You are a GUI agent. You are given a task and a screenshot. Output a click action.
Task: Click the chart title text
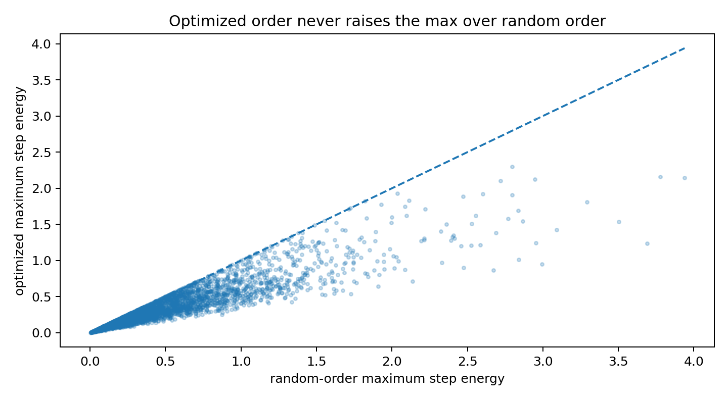(387, 21)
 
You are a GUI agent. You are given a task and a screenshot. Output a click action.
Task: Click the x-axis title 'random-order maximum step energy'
(387, 379)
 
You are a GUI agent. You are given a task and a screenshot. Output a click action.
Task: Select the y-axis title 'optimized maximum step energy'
(20, 191)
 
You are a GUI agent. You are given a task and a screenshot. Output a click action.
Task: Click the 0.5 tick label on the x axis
(166, 362)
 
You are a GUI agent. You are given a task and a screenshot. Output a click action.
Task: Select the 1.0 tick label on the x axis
(241, 362)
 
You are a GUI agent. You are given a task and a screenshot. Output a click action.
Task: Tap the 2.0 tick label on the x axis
(392, 362)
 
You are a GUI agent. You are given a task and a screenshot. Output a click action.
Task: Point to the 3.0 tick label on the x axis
(543, 362)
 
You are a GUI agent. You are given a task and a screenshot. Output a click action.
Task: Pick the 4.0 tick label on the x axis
(694, 362)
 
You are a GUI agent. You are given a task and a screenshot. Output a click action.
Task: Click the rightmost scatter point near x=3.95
(685, 178)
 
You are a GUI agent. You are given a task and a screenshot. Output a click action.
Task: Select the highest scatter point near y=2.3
(512, 167)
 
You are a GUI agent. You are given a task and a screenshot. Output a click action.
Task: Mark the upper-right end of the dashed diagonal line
(685, 48)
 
